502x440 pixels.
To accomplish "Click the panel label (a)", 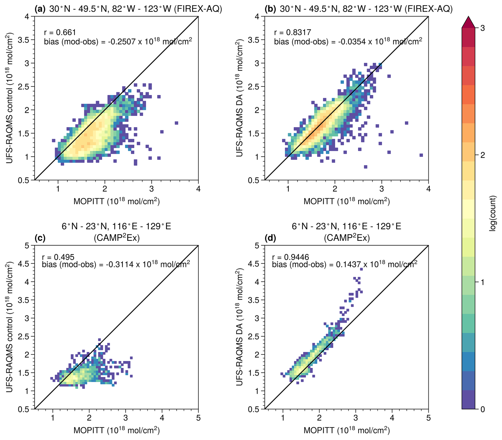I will click(x=40, y=9).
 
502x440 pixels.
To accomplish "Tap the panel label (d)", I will click(x=270, y=238).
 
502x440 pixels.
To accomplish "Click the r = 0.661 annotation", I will click(x=60, y=32).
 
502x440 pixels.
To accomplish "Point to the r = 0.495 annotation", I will click(x=58, y=257).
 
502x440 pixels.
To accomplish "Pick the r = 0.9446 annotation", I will click(x=291, y=257).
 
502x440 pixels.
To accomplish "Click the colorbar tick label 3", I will click(x=482, y=28).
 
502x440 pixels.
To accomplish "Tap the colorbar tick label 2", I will click(x=482, y=155).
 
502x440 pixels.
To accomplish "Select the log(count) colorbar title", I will click(x=492, y=214).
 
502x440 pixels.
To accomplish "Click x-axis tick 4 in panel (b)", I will click(x=428, y=189).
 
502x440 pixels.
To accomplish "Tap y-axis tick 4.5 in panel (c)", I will click(x=23, y=264).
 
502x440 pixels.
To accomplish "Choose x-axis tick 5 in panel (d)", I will click(x=428, y=418).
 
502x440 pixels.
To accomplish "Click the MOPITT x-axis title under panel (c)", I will click(x=116, y=430).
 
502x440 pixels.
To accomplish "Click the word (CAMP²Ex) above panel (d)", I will click(x=347, y=238).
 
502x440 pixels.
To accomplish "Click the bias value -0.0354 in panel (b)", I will click(x=350, y=42).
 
